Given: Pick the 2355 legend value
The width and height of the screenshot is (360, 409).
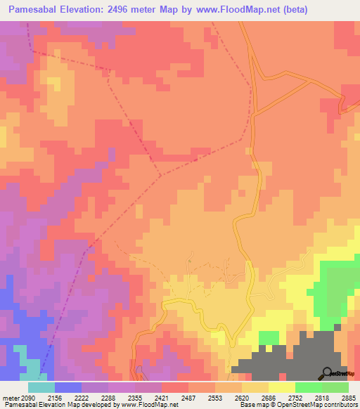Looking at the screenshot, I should click(x=144, y=397).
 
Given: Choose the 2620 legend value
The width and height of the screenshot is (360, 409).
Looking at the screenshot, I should click(x=255, y=397).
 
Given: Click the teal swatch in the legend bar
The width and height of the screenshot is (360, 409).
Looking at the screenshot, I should click(x=41, y=387).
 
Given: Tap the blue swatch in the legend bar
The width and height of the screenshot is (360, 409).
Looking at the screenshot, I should click(x=68, y=387).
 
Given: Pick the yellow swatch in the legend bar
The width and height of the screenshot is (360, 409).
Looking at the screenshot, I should click(x=282, y=387).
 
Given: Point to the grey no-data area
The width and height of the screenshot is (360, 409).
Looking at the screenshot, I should click(x=309, y=355).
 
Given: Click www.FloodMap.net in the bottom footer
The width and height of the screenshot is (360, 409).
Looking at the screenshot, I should click(x=150, y=405).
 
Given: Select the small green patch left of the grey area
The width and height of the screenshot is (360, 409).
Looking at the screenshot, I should click(x=269, y=338).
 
